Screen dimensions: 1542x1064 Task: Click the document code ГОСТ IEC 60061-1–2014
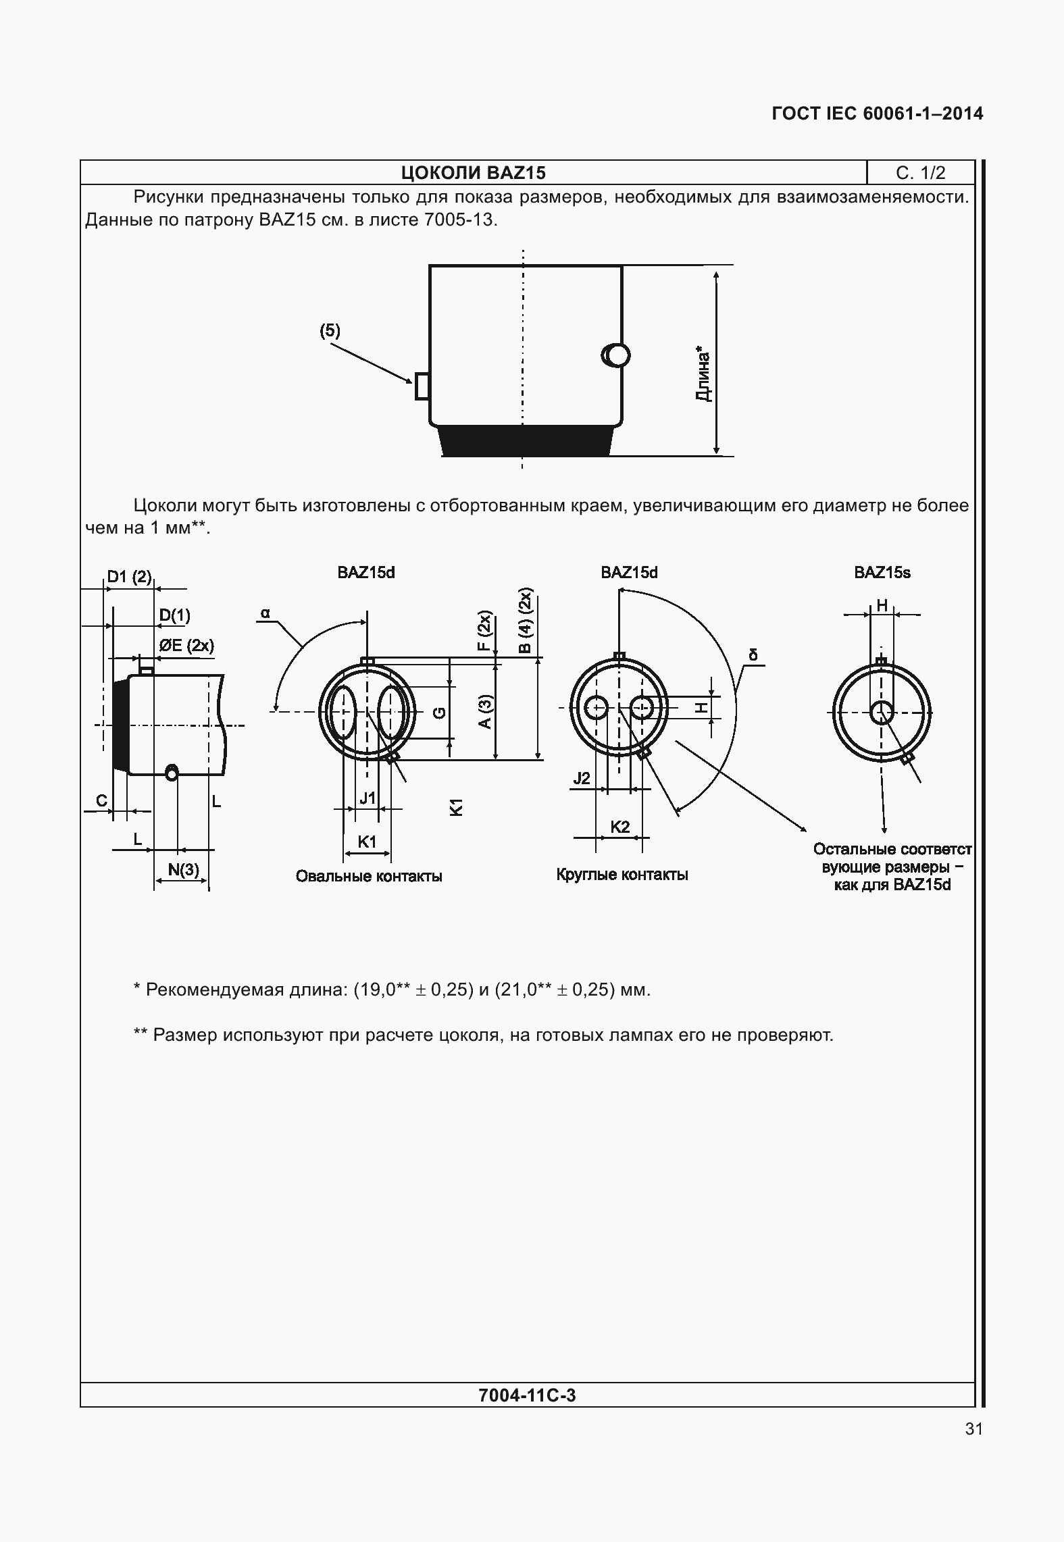(877, 113)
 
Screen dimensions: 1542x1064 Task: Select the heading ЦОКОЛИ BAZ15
(473, 173)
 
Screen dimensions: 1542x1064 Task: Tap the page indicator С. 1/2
(920, 173)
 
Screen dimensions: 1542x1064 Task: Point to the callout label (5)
(330, 331)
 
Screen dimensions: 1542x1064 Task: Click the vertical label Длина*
(703, 375)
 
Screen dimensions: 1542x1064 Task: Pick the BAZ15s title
(882, 573)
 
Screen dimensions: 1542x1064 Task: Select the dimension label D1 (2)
(129, 577)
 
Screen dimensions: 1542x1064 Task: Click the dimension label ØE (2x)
(186, 645)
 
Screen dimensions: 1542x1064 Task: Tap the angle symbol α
(265, 613)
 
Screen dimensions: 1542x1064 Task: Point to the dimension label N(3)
(183, 869)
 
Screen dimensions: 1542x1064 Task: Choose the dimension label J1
(367, 798)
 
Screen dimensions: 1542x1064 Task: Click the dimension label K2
(619, 827)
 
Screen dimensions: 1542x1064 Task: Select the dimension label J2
(582, 778)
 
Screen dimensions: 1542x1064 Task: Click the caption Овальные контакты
(369, 877)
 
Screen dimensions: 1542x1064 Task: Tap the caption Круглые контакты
(622, 875)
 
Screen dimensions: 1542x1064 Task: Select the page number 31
(973, 1429)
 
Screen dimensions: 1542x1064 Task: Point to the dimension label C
(101, 801)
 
